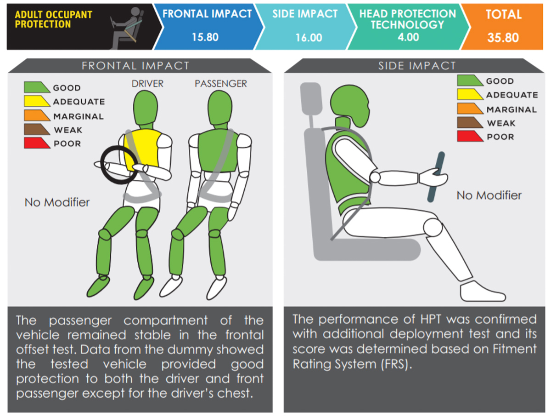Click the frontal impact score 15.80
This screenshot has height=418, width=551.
tap(205, 37)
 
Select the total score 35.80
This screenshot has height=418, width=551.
tap(503, 38)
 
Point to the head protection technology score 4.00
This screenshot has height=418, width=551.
tap(408, 36)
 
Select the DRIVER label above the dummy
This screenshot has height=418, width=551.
tap(147, 84)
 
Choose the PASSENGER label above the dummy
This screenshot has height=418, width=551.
tap(220, 84)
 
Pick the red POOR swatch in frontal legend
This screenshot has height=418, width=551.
tap(37, 143)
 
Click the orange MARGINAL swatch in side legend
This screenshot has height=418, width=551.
tap(470, 109)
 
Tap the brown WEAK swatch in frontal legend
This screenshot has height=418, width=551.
tap(37, 130)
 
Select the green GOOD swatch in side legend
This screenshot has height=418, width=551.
tap(470, 80)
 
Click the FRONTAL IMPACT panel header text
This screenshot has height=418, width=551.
tap(135, 66)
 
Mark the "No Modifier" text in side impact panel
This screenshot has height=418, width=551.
tap(489, 195)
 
